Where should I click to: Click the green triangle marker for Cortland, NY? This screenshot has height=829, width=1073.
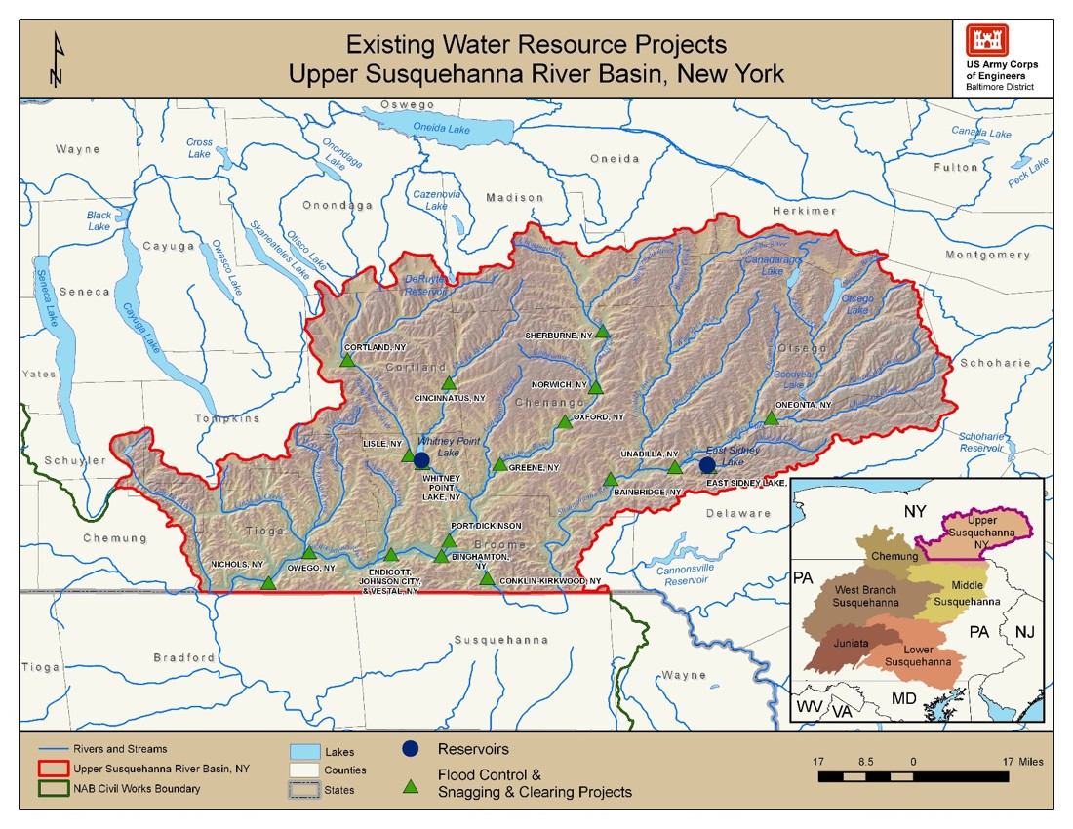(x=346, y=361)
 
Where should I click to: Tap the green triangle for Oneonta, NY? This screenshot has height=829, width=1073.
(x=771, y=418)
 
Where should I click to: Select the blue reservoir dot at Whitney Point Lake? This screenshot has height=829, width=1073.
(x=421, y=460)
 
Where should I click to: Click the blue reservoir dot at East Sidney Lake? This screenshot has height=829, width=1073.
(x=707, y=465)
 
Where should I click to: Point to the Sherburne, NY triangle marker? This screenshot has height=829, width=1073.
(x=603, y=332)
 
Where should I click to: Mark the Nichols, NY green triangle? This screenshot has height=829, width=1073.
(x=268, y=583)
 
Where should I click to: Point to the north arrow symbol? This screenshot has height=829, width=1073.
(x=57, y=60)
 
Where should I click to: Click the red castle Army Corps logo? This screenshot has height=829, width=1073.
(x=986, y=40)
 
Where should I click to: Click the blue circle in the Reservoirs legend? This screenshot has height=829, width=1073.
(x=411, y=749)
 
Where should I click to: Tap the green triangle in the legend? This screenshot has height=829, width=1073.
(x=411, y=782)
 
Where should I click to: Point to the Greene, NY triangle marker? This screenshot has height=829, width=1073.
(x=499, y=465)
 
